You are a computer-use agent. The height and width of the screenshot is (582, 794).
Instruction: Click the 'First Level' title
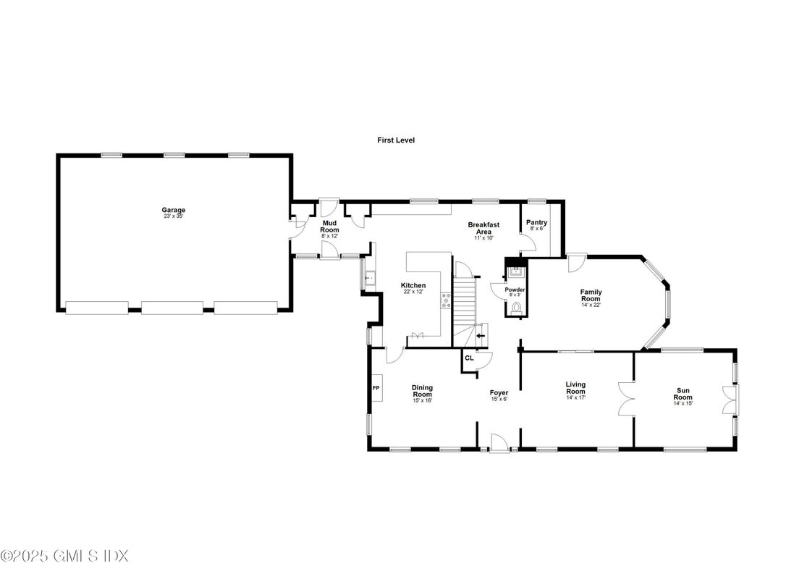[395, 140]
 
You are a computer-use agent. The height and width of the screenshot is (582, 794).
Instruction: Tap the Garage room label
[173, 210]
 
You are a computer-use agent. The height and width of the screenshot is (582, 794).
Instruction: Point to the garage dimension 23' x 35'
[173, 216]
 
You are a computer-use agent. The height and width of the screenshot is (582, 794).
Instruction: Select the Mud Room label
[329, 227]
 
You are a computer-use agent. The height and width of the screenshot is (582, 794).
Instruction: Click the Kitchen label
[413, 285]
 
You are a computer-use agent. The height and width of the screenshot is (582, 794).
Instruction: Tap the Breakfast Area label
[483, 228]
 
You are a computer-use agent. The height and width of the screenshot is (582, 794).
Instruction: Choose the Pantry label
[537, 222]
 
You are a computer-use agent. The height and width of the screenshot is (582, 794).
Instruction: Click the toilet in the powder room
[517, 307]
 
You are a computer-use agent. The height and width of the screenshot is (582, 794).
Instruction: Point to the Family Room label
[591, 295]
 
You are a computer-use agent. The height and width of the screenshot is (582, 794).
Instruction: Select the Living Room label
[575, 388]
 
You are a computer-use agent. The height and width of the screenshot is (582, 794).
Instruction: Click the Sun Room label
[683, 394]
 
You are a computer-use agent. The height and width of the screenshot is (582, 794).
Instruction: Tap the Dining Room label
[422, 391]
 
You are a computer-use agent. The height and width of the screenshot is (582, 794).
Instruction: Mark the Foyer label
[499, 392]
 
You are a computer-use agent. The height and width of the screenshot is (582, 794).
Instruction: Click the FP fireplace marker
[376, 388]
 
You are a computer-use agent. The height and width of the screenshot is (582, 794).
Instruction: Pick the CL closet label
[470, 358]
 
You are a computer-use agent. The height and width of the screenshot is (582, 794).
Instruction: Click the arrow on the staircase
[481, 335]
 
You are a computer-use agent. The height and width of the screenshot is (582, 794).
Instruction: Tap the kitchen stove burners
[446, 301]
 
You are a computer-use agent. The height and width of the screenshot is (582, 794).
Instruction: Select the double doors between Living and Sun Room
[627, 399]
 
